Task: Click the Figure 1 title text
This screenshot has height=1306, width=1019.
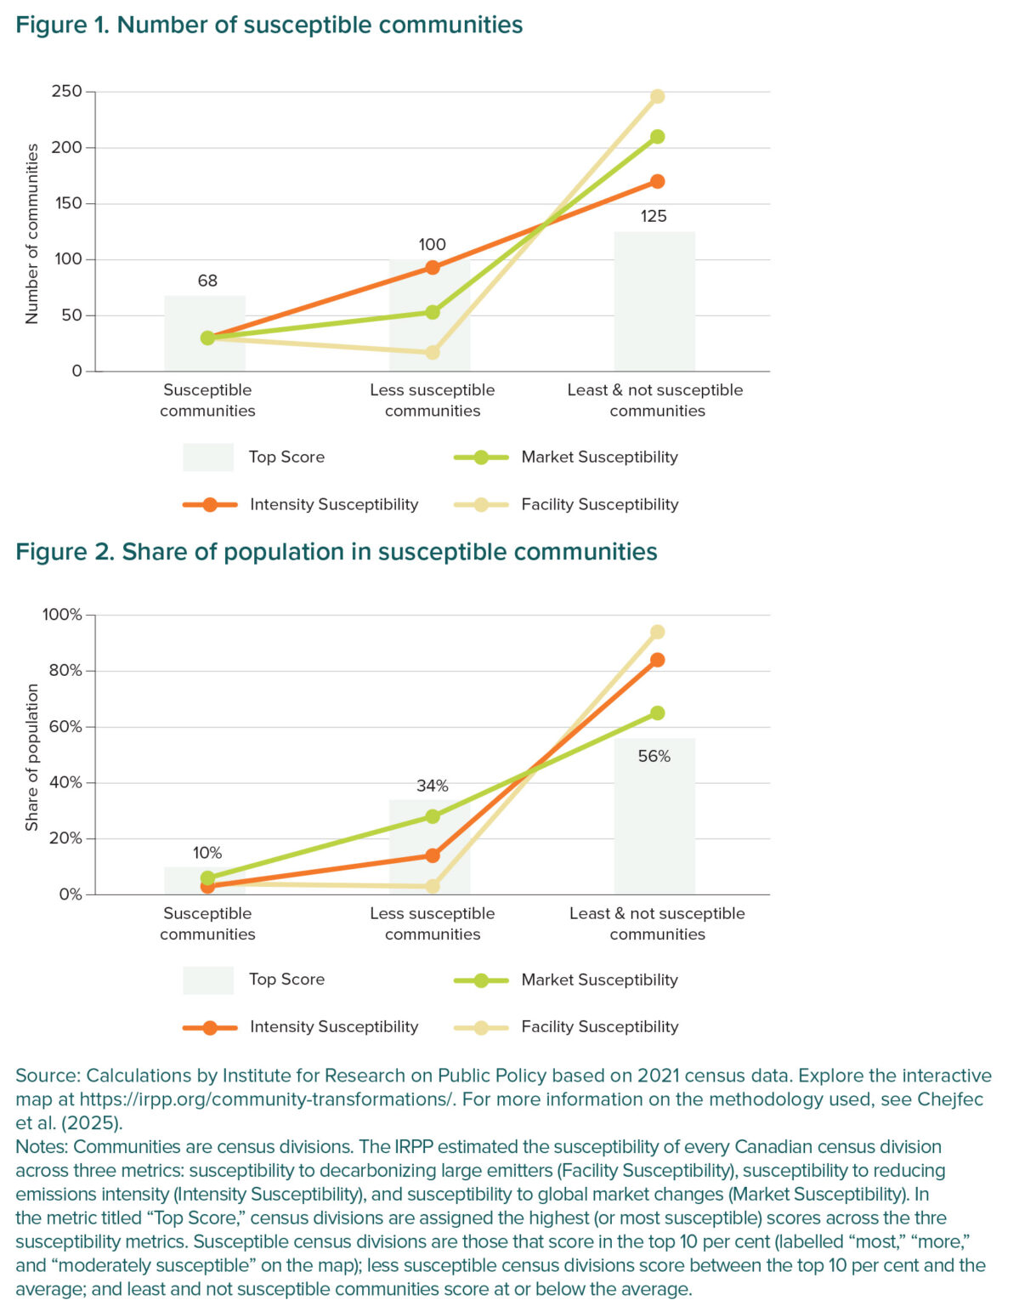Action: coord(269,25)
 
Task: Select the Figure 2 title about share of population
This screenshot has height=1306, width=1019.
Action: coord(336,552)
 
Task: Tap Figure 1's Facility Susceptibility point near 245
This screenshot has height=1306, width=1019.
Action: coord(657,97)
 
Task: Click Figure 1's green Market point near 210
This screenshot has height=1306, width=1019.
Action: coord(657,137)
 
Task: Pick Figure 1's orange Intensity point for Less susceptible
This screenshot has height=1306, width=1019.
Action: coord(433,268)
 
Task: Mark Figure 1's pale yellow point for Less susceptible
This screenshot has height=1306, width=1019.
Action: coord(433,352)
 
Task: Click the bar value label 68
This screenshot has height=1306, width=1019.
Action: coord(207,281)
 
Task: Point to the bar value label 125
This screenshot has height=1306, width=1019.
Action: coord(654,216)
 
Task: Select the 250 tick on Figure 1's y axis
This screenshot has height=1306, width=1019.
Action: coord(67,91)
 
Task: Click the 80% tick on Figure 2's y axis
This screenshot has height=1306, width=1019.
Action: coord(65,670)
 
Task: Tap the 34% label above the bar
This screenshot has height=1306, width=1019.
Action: coord(432,786)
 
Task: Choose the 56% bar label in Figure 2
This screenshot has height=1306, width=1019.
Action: coord(654,756)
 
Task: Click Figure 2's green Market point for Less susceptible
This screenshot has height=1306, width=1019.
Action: coord(433,816)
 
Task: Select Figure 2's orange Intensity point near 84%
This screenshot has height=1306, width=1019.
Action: coord(657,660)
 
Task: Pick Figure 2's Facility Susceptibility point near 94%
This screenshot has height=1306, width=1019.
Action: coord(657,633)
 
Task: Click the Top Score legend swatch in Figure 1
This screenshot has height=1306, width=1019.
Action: coord(208,457)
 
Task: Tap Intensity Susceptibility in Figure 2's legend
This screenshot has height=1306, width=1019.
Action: coord(333,1026)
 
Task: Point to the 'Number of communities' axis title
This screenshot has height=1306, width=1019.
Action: coord(32,233)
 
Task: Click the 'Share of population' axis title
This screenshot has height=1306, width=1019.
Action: coord(32,757)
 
